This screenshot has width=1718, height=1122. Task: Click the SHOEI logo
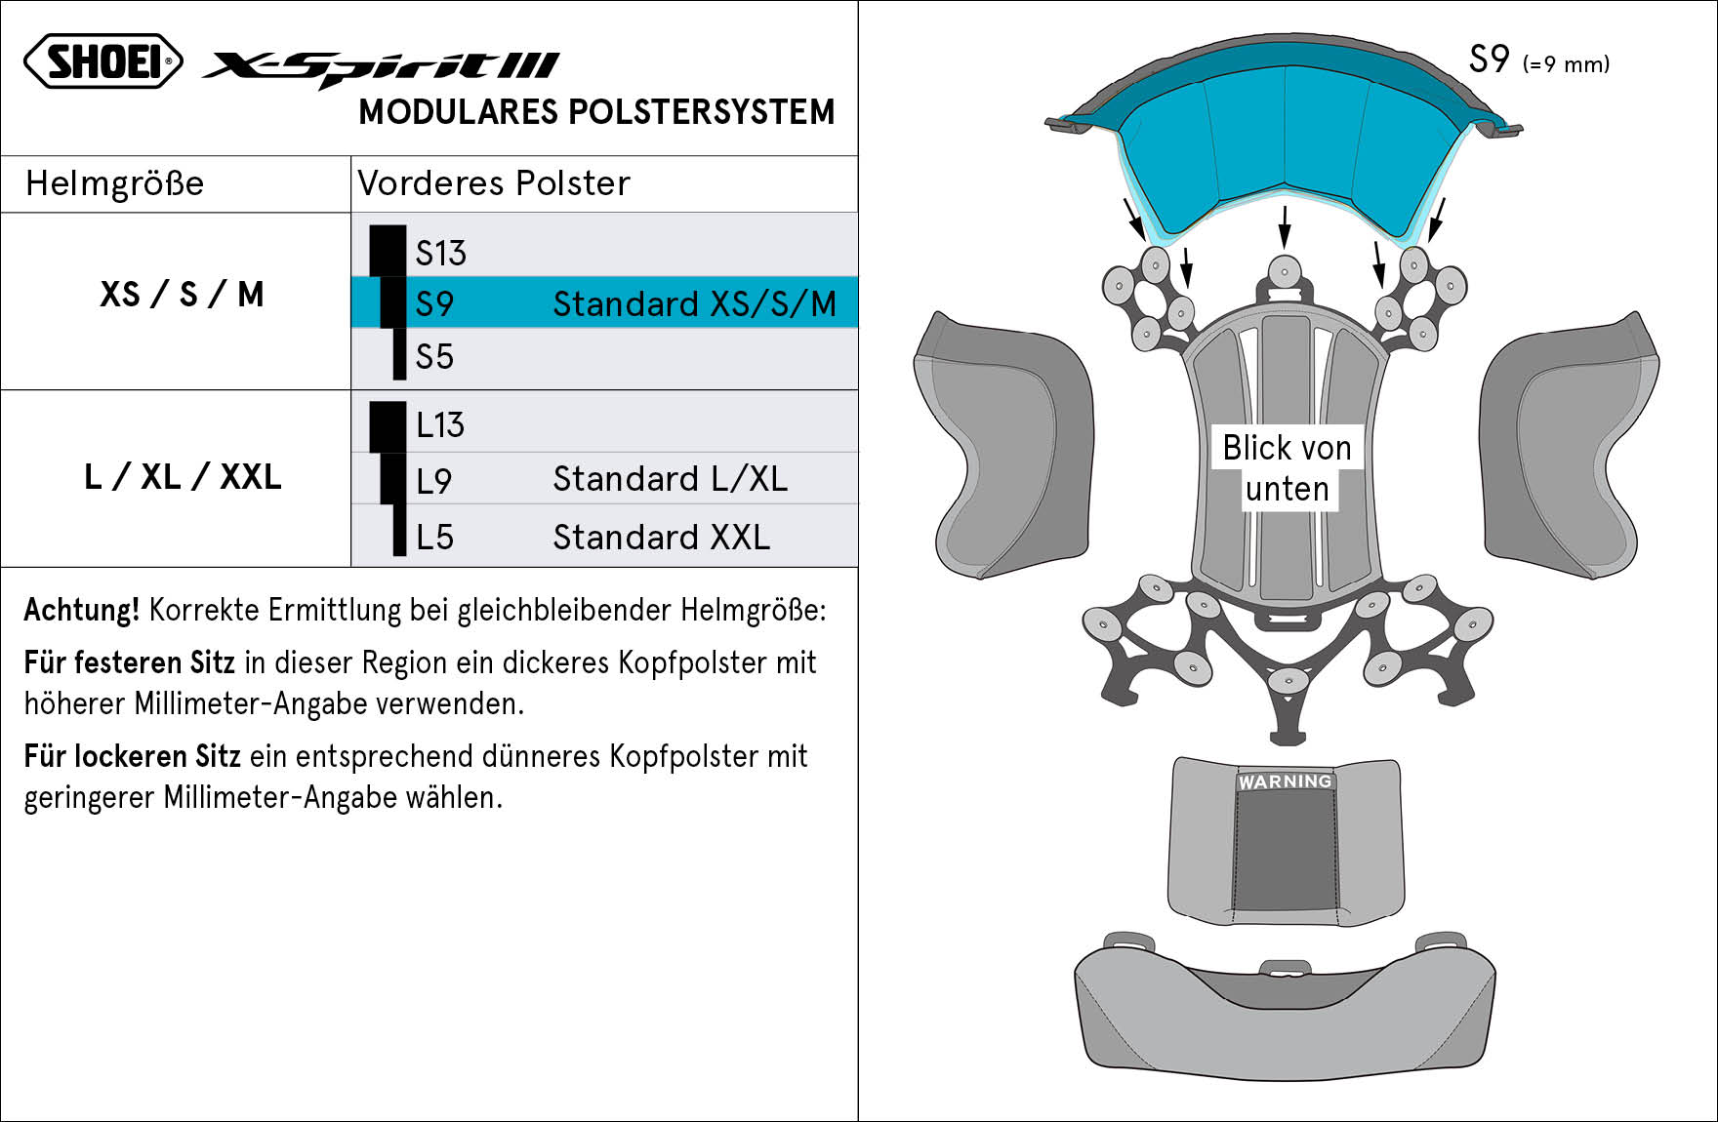pyautogui.click(x=103, y=61)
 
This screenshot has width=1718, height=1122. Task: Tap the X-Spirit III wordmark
pyautogui.click(x=381, y=68)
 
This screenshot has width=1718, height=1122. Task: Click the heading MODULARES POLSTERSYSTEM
pyautogui.click(x=596, y=112)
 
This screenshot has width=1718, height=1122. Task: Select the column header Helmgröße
pyautogui.click(x=114, y=183)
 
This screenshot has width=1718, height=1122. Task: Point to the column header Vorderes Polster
pyautogui.click(x=494, y=183)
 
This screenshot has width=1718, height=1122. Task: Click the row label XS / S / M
pyautogui.click(x=182, y=295)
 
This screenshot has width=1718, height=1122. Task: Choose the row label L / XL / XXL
pyautogui.click(x=183, y=477)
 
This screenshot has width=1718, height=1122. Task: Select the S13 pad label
pyautogui.click(x=441, y=254)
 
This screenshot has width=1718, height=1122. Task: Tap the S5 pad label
pyautogui.click(x=434, y=357)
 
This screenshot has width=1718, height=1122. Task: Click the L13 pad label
pyautogui.click(x=440, y=425)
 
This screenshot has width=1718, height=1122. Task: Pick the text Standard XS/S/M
pyautogui.click(x=695, y=304)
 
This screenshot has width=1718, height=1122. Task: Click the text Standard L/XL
pyautogui.click(x=671, y=479)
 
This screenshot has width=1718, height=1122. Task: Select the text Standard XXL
pyautogui.click(x=662, y=538)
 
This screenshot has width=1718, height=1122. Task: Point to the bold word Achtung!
pyautogui.click(x=82, y=610)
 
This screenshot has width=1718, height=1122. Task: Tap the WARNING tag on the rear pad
pyautogui.click(x=1285, y=781)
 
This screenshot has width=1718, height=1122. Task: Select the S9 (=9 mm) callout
pyautogui.click(x=1539, y=60)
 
